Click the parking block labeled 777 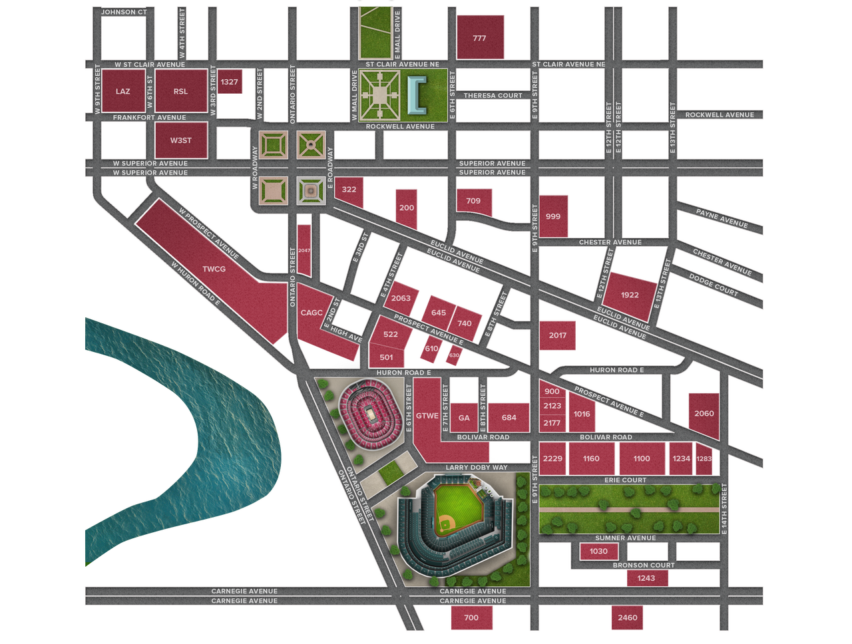480,38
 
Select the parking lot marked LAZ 122,91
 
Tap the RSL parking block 180,91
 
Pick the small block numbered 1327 230,82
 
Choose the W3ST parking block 180,140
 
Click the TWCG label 214,269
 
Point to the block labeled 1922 629,295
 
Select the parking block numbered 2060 704,414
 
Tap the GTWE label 427,416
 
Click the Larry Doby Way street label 476,468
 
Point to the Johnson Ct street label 122,11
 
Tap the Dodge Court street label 713,285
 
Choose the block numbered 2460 627,617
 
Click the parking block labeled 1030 598,551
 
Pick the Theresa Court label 493,96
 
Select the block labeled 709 473,201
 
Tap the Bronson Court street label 644,565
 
